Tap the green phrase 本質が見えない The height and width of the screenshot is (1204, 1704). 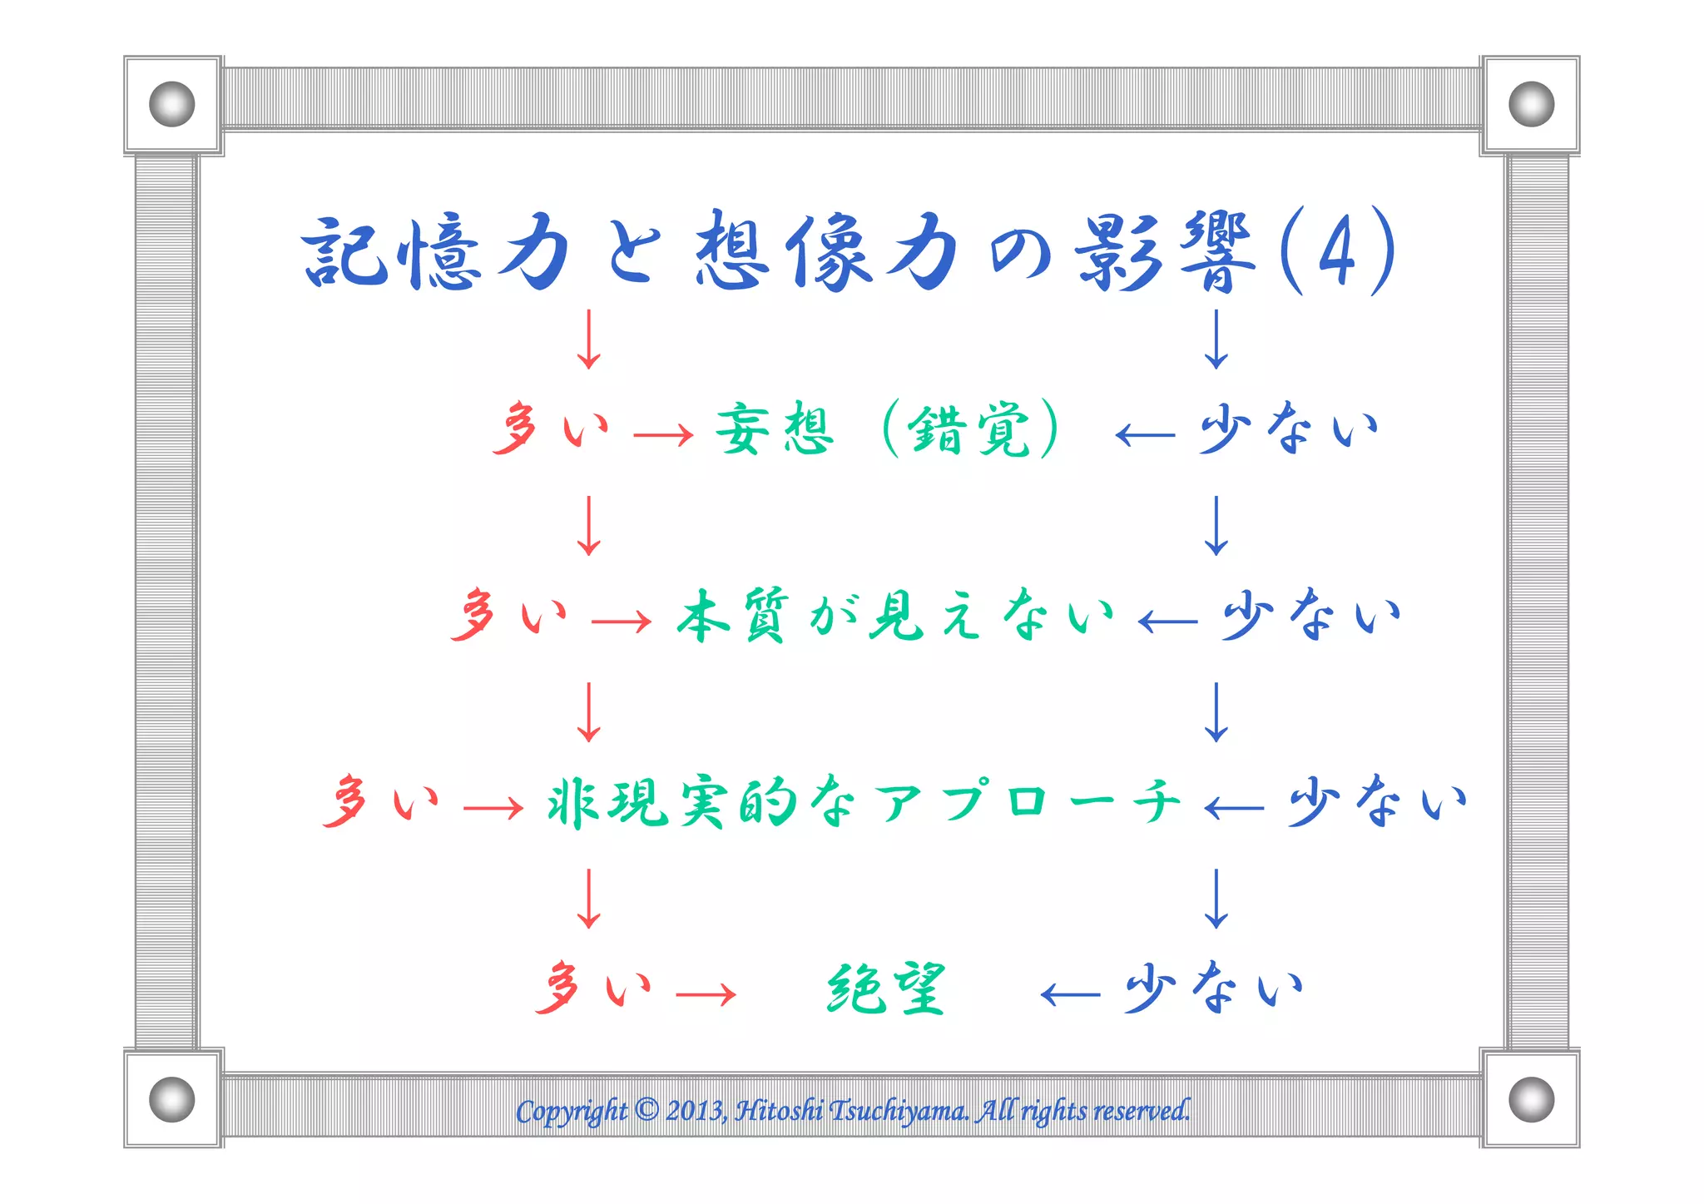[895, 617]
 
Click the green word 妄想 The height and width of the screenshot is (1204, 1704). [775, 429]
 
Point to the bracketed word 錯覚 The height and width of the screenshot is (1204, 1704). [970, 429]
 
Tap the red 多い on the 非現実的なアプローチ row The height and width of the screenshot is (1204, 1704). [381, 803]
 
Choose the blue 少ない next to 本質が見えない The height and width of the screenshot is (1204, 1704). [1311, 617]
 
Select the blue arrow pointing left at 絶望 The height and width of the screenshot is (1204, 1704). [1071, 993]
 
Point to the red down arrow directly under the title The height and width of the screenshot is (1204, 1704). [589, 339]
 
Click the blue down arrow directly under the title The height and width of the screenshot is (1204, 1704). [1216, 339]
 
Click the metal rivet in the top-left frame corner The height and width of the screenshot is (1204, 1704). [172, 104]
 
